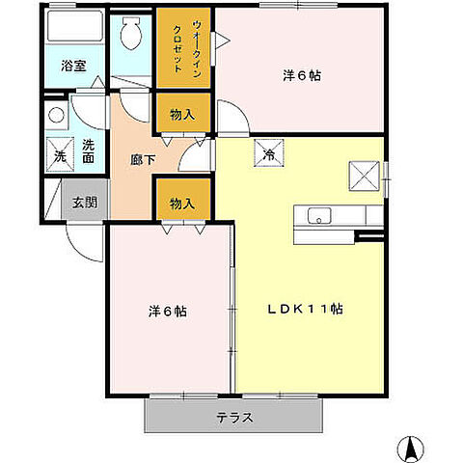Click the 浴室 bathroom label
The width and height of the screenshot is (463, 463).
click(74, 67)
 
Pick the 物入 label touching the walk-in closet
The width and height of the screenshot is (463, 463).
click(182, 115)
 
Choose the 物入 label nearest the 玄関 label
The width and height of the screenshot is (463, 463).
click(182, 203)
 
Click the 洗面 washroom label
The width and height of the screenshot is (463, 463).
click(88, 151)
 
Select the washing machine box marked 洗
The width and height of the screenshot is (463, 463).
click(58, 154)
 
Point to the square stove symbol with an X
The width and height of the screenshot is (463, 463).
click(366, 176)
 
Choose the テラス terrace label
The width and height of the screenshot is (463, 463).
click(233, 418)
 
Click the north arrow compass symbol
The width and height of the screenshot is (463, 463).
click(410, 447)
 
